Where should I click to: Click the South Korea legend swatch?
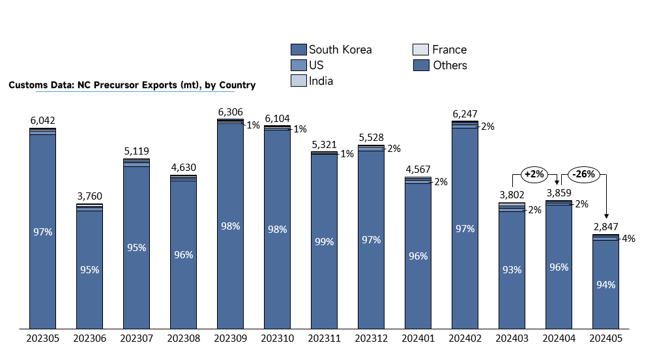[x=299, y=50]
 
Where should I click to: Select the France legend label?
[x=449, y=50]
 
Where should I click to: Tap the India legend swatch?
[x=299, y=81]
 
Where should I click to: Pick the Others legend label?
[x=450, y=65]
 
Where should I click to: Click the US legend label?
[x=316, y=65]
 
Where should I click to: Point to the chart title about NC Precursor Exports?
[x=132, y=85]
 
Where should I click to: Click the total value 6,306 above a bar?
[x=230, y=112]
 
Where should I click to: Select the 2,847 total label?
[x=606, y=226]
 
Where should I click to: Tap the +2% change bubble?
[x=534, y=174]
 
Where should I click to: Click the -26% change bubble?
[x=584, y=174]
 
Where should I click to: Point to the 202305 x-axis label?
[x=43, y=338]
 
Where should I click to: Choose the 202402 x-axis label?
[x=465, y=338]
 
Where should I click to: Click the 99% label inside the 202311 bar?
[x=325, y=242]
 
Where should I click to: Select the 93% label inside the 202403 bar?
[x=512, y=270]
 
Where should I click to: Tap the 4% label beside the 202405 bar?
[x=628, y=239]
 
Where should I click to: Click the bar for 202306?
[x=90, y=266]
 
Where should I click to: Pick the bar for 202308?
[x=183, y=252]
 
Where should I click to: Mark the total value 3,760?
[x=90, y=196]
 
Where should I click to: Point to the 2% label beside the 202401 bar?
[x=441, y=182]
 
